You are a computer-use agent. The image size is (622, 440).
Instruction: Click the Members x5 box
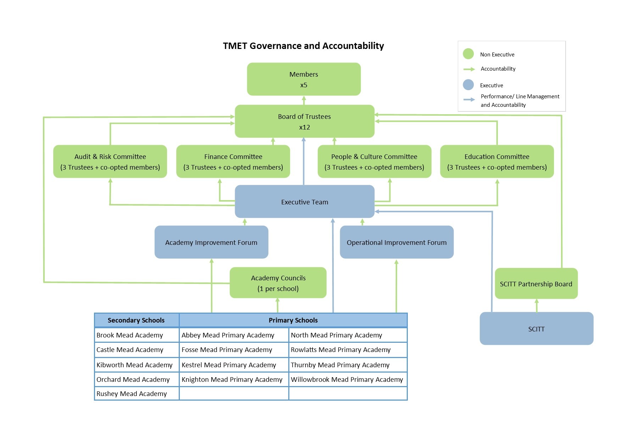(304, 79)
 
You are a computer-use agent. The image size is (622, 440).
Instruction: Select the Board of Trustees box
(305, 121)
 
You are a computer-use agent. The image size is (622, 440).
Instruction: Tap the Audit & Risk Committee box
(110, 161)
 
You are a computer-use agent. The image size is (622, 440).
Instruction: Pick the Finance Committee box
(233, 161)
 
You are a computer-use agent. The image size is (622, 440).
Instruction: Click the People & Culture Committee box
(374, 161)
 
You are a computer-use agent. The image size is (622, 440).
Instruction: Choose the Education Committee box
(497, 161)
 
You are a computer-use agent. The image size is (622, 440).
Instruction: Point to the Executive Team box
(305, 202)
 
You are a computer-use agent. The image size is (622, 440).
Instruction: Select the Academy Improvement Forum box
(211, 242)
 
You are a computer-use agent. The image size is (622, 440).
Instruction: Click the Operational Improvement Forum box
(397, 242)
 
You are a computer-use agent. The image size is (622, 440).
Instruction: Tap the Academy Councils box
(278, 283)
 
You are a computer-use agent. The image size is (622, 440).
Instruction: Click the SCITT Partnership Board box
(536, 284)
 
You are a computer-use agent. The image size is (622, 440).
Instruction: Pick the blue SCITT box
(537, 329)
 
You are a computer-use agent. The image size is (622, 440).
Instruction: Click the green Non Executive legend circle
(468, 54)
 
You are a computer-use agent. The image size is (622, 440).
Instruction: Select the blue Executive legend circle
(468, 85)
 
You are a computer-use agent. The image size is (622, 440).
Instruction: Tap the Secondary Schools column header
(137, 320)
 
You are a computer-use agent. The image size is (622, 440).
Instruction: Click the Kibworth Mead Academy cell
(137, 365)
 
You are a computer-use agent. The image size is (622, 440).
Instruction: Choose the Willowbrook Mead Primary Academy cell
(348, 379)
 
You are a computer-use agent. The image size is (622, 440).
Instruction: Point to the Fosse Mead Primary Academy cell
(234, 350)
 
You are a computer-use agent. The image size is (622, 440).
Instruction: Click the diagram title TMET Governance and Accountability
(304, 46)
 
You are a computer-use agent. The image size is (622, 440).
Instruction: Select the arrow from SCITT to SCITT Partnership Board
(537, 306)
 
